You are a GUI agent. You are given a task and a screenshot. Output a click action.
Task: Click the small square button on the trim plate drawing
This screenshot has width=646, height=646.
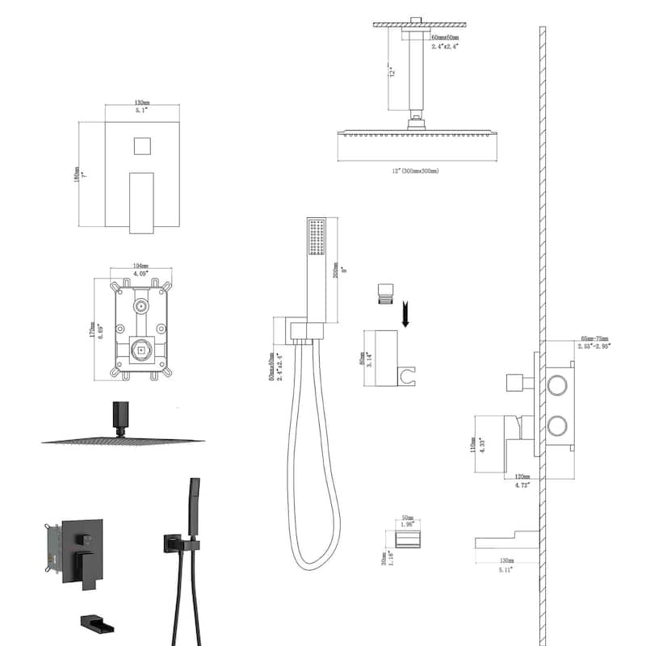point(141,148)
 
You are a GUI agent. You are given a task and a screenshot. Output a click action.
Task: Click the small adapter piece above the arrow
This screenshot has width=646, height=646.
point(385,294)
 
